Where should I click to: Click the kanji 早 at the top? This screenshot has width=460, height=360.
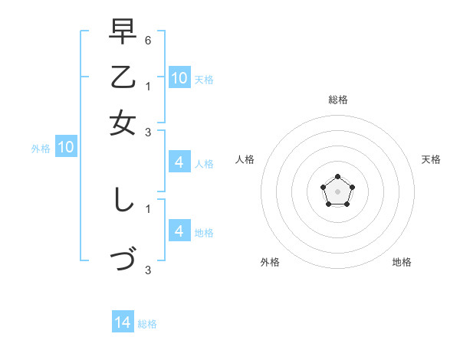[x=123, y=32]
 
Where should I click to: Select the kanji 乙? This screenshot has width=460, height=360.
[x=123, y=78]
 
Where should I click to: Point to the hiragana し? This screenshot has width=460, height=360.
[x=123, y=201]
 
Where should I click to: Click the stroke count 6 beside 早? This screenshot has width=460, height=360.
[x=148, y=39]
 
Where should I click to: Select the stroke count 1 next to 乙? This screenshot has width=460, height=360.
[x=148, y=86]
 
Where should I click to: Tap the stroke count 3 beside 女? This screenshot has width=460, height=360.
[x=148, y=132]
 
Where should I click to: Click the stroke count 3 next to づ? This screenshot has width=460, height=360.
[x=148, y=270]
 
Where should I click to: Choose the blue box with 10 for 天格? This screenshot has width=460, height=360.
[x=179, y=77]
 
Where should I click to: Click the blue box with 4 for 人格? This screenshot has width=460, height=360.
[x=179, y=162]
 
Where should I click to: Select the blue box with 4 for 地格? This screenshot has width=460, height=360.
[x=179, y=231]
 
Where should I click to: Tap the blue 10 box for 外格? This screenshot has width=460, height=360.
[x=66, y=148]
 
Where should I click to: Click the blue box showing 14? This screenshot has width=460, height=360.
[x=123, y=322]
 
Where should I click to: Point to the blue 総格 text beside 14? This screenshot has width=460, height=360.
[x=147, y=324]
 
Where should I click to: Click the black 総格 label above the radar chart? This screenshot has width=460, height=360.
[x=337, y=100]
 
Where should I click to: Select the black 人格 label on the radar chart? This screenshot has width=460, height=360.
[x=245, y=159]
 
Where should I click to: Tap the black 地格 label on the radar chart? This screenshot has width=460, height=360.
[x=402, y=262]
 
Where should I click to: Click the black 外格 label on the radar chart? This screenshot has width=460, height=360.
[x=270, y=262]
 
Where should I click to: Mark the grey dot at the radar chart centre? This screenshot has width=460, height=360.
[x=337, y=191]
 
